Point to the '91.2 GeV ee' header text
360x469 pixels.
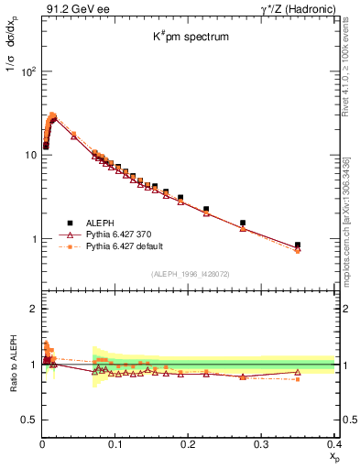pyautogui.click(x=72, y=9)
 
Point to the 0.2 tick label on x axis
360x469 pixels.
pyautogui.click(x=189, y=443)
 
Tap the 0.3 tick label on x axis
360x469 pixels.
pyautogui.click(x=262, y=443)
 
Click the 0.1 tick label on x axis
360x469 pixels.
pyautogui.click(x=115, y=443)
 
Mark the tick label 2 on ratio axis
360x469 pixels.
pyautogui.click(x=32, y=309)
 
